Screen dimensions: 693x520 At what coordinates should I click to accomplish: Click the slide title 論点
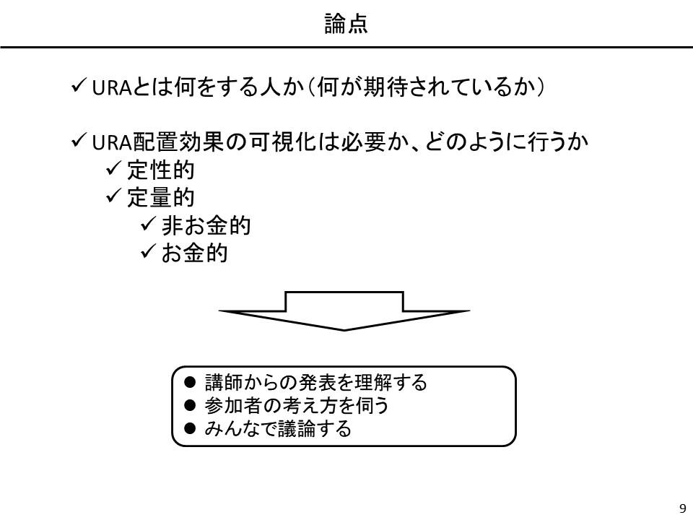point(346,24)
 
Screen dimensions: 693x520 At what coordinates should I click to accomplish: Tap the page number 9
point(683,508)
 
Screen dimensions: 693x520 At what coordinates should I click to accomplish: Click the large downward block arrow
point(344,311)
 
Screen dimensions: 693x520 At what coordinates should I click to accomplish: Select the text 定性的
point(161,170)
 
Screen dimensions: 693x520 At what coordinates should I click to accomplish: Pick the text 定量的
point(161,198)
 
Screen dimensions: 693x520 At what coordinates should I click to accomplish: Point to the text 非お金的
point(206,225)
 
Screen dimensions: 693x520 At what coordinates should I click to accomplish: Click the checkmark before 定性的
point(113,168)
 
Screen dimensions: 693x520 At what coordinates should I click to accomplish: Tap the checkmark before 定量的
point(113,196)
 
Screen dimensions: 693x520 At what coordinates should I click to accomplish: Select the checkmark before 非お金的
point(148,224)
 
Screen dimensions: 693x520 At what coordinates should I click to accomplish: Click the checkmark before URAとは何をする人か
point(79,85)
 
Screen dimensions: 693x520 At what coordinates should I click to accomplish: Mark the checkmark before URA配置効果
point(79,141)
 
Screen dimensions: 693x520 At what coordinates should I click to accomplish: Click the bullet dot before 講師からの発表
point(190,382)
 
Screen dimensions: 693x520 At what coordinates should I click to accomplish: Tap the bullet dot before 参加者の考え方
point(190,405)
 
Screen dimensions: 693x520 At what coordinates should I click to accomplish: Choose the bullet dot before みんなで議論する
point(190,428)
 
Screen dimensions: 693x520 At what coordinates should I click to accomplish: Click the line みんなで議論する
point(278,428)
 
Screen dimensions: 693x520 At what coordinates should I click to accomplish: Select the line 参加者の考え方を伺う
point(297,405)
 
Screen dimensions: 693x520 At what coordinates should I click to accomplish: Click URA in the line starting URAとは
point(112,87)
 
